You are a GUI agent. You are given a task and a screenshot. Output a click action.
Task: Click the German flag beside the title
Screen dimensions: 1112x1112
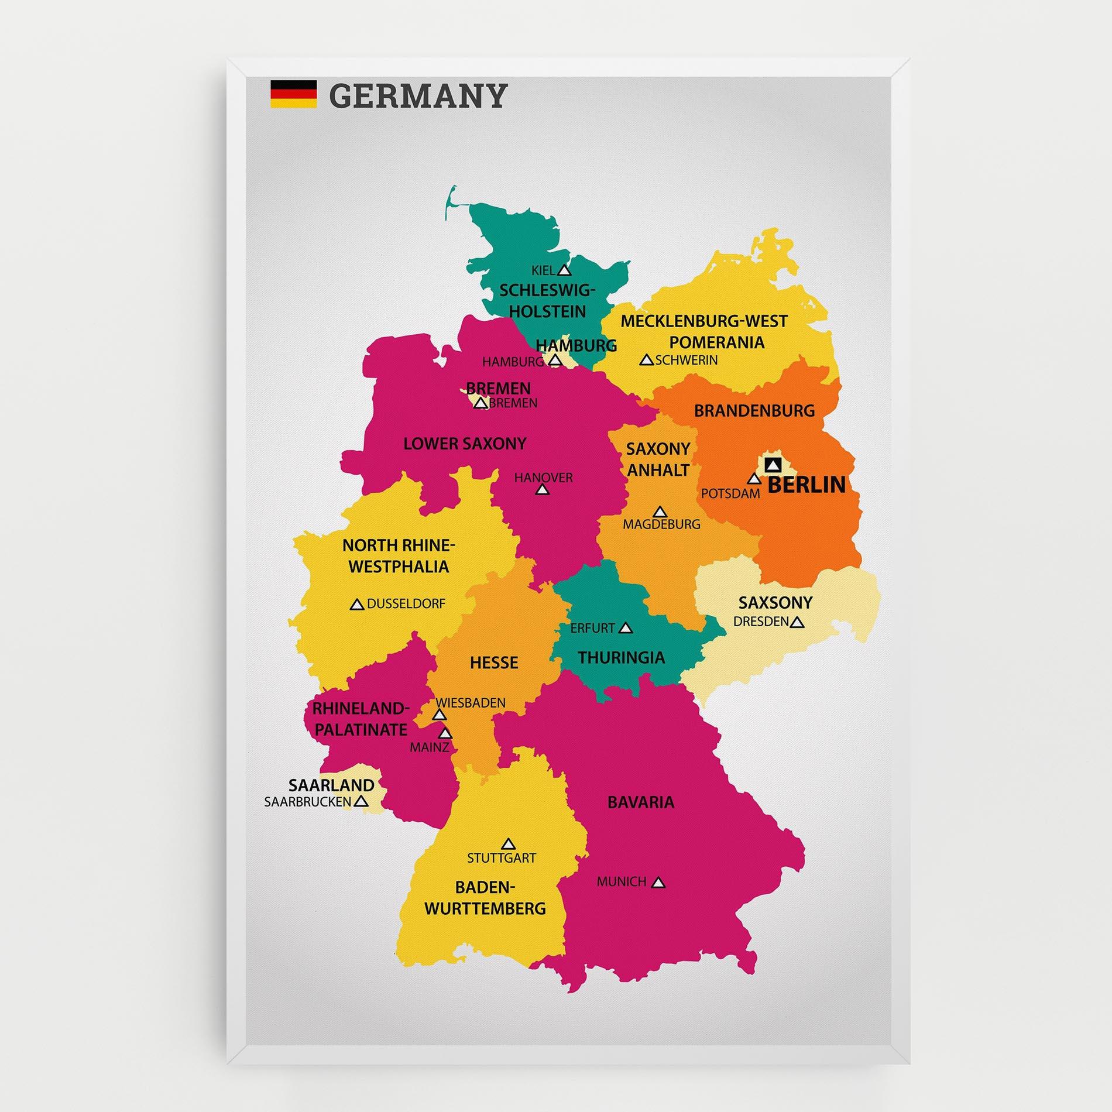pos(293,94)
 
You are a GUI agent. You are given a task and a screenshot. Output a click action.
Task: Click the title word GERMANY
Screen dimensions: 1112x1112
pos(418,95)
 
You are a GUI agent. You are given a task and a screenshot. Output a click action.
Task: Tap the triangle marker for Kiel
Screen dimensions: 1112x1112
pos(564,270)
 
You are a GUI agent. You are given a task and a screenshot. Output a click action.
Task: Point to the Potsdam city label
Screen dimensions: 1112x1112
pos(730,493)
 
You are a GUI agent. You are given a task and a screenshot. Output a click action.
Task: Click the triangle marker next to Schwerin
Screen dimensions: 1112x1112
pos(646,360)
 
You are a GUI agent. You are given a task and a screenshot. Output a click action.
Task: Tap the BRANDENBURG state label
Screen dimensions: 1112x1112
pos(754,411)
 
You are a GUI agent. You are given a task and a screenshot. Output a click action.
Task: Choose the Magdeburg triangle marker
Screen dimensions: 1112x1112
pos(660,512)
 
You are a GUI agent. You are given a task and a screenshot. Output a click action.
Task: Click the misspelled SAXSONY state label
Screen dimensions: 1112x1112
pos(775,602)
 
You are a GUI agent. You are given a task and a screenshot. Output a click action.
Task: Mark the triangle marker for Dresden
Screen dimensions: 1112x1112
pos(797,623)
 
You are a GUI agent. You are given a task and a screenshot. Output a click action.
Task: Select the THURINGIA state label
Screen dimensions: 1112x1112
pos(622,657)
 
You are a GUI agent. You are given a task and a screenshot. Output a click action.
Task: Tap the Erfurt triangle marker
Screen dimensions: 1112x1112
pos(626,628)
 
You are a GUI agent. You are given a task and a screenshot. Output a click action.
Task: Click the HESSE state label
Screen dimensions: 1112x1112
pos(494,663)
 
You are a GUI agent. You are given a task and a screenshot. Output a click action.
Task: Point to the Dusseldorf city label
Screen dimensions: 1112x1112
pos(406,603)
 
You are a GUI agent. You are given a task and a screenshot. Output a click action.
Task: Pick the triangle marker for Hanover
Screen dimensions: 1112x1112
pos(543,489)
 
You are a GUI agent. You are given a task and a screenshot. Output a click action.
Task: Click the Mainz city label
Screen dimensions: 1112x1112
pos(430,747)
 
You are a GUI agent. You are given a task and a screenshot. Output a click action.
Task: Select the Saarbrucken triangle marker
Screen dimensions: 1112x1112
pos(361,801)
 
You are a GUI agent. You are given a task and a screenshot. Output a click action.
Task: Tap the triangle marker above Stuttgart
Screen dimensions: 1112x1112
pos(508,843)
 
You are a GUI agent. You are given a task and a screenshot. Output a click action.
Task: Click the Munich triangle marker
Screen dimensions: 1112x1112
pos(658,883)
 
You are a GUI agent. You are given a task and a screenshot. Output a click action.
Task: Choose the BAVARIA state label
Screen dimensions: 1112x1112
pos(641,802)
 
